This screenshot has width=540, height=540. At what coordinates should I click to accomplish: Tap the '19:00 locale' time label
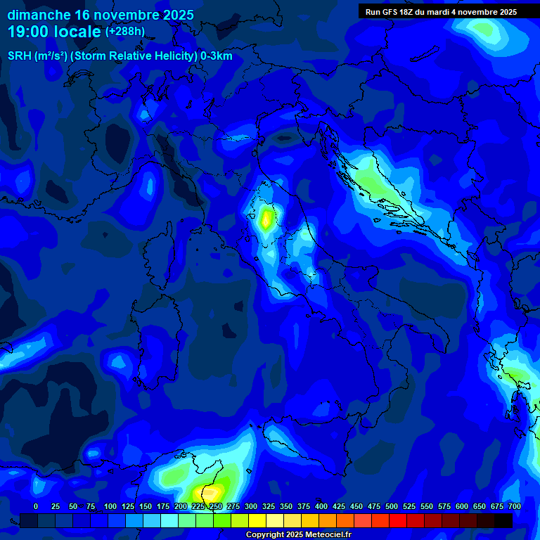click(55, 32)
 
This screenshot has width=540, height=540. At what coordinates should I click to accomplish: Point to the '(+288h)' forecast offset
click(125, 32)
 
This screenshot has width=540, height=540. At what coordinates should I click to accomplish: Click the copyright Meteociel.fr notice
click(298, 535)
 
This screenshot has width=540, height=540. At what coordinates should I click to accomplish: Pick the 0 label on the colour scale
click(36, 506)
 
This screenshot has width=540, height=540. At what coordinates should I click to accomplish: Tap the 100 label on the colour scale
click(110, 506)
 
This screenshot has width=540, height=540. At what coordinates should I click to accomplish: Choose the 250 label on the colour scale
click(215, 506)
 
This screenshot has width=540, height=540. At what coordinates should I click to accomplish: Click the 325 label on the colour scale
click(268, 506)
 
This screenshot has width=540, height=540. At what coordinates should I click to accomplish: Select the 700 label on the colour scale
click(514, 506)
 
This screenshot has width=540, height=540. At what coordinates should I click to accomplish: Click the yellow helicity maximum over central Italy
click(266, 220)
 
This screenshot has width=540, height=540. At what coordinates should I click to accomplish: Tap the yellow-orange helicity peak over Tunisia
click(211, 490)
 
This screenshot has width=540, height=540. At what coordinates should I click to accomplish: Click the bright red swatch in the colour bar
click(398, 520)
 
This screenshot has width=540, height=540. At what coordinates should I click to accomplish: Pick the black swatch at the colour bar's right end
click(503, 520)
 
